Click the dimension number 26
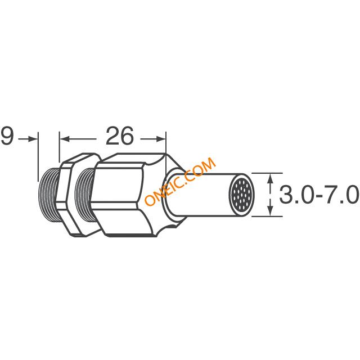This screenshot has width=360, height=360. [119, 136]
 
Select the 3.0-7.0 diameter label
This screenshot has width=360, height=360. [319, 195]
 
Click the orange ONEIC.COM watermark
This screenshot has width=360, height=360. [180, 181]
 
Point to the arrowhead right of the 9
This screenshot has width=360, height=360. [33, 139]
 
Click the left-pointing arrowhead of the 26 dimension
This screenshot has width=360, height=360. [65, 139]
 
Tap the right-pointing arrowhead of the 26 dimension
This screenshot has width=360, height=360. [161, 139]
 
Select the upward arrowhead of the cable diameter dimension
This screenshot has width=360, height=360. [271, 178]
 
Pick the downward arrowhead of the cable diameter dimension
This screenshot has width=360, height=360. [271, 211]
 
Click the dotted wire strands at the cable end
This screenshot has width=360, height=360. [241, 195]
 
